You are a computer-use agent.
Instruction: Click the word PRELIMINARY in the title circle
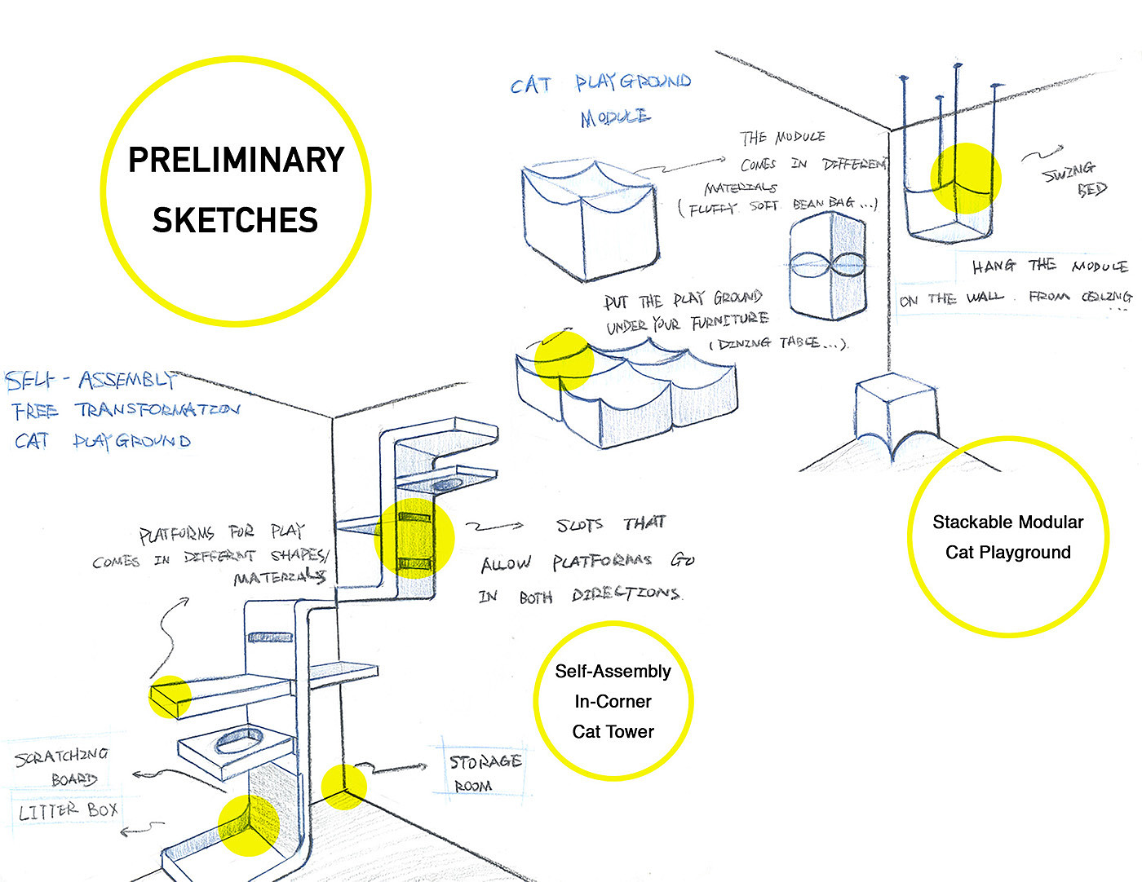pyautogui.click(x=237, y=160)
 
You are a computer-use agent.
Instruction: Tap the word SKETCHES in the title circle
pyautogui.click(x=235, y=220)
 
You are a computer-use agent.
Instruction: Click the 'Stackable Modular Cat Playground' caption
pyautogui.click(x=1008, y=537)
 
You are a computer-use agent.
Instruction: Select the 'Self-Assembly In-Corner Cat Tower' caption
pyautogui.click(x=613, y=701)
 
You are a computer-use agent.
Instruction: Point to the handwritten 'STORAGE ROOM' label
pyautogui.click(x=485, y=772)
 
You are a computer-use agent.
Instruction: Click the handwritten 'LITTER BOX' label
pyautogui.click(x=69, y=811)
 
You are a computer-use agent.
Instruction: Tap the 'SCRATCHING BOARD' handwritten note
pyautogui.click(x=63, y=766)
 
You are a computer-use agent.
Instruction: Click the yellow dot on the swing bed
pyautogui.click(x=966, y=178)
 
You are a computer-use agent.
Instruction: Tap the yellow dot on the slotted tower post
pyautogui.click(x=414, y=538)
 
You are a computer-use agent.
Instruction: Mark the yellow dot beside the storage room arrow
pyautogui.click(x=343, y=787)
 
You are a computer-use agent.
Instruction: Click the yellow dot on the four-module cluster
pyautogui.click(x=564, y=360)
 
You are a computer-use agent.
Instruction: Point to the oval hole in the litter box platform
pyautogui.click(x=238, y=741)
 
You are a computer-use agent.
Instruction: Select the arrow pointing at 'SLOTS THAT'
pyautogui.click(x=494, y=527)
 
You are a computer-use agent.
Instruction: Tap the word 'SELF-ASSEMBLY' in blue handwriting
pyautogui.click(x=90, y=380)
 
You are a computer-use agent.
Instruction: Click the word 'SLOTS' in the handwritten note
pyautogui.click(x=579, y=526)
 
